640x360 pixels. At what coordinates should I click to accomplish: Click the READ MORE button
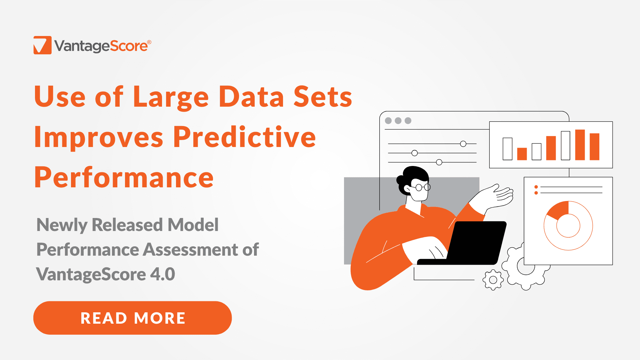click(x=132, y=318)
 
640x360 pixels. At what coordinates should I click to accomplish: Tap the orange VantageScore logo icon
click(x=43, y=45)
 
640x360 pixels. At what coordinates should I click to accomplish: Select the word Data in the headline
click(x=251, y=97)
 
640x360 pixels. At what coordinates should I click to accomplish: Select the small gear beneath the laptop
click(x=493, y=280)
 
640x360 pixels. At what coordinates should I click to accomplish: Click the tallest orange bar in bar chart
click(x=580, y=145)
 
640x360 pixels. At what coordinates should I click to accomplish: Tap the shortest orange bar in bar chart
click(x=522, y=154)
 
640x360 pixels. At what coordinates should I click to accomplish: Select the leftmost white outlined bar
click(x=507, y=149)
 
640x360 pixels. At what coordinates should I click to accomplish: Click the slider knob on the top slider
click(x=463, y=144)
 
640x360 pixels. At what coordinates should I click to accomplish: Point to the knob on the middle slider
click(x=414, y=153)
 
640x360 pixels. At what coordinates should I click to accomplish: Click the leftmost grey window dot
click(x=388, y=121)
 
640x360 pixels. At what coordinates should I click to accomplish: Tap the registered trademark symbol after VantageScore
click(x=149, y=42)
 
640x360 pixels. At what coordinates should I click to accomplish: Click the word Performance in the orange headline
click(x=124, y=178)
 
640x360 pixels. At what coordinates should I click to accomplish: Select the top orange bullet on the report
click(x=536, y=187)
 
